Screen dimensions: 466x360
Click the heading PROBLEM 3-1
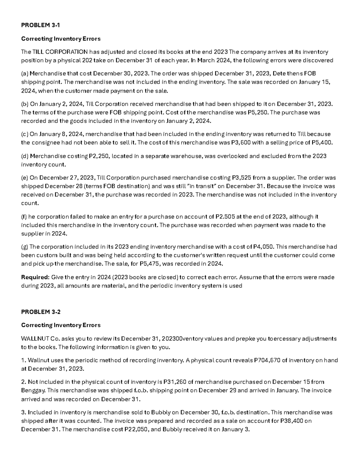click(x=40, y=25)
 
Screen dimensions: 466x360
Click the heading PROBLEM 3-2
click(x=40, y=312)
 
